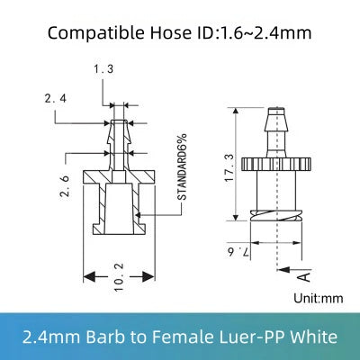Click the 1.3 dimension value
tap(103, 68)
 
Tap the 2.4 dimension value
tap(56, 100)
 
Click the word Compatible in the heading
tap(88, 34)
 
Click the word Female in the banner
tap(192, 337)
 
